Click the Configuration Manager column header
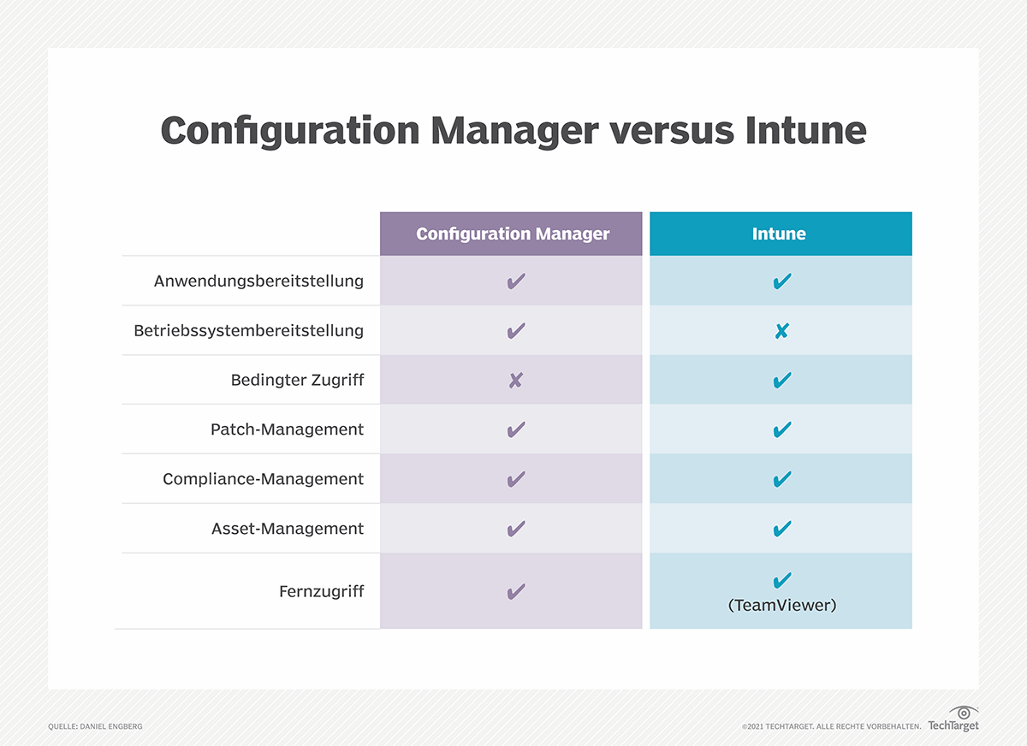click(x=513, y=234)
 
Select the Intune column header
click(x=780, y=234)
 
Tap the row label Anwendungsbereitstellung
click(x=258, y=281)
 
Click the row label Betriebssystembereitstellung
click(x=248, y=330)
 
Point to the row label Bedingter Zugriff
click(x=297, y=380)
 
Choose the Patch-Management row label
click(x=287, y=429)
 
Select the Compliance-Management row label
click(x=263, y=479)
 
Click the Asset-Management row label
click(x=287, y=529)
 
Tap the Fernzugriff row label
click(x=321, y=591)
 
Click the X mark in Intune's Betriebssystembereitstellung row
click(x=781, y=331)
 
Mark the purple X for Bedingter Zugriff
click(x=515, y=381)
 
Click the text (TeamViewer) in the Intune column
click(x=781, y=605)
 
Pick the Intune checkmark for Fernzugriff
click(x=781, y=582)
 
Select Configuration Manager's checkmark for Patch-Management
click(x=515, y=429)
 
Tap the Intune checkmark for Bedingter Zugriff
click(x=781, y=380)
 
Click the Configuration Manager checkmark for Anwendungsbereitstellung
click(x=515, y=281)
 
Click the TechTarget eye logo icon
click(x=964, y=713)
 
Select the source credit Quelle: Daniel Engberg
click(x=95, y=726)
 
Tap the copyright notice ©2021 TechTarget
click(x=831, y=726)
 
